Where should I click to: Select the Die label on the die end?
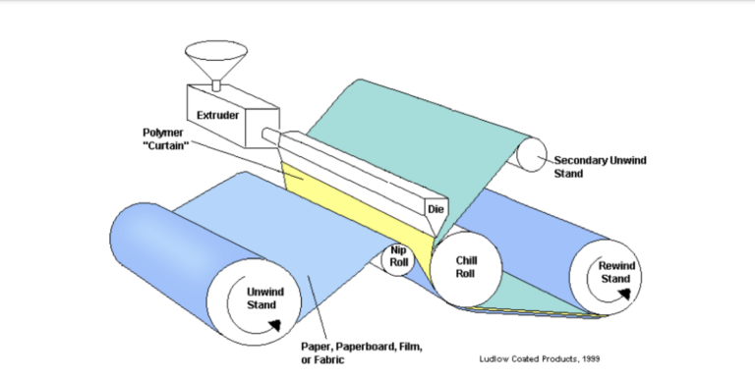[x=436, y=208]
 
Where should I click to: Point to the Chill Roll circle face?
[x=466, y=266]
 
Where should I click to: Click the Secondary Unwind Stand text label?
[x=596, y=166]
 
